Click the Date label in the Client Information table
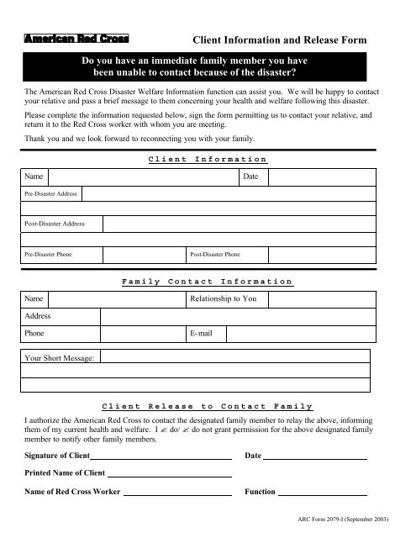[x=250, y=177]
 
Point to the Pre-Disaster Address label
[x=50, y=193]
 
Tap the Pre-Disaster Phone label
[x=47, y=254]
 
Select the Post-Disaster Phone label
[x=215, y=254]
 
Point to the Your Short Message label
[x=58, y=358]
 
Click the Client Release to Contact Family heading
[x=207, y=405]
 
